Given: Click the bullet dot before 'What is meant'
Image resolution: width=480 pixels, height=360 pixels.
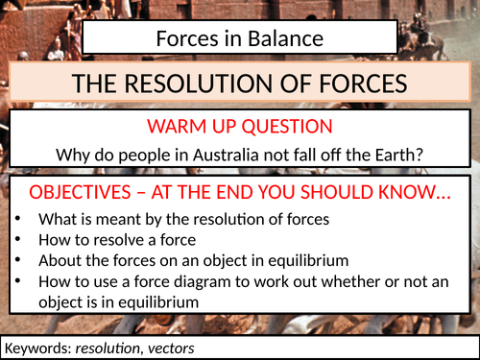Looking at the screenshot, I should pyautogui.click(x=19, y=219).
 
